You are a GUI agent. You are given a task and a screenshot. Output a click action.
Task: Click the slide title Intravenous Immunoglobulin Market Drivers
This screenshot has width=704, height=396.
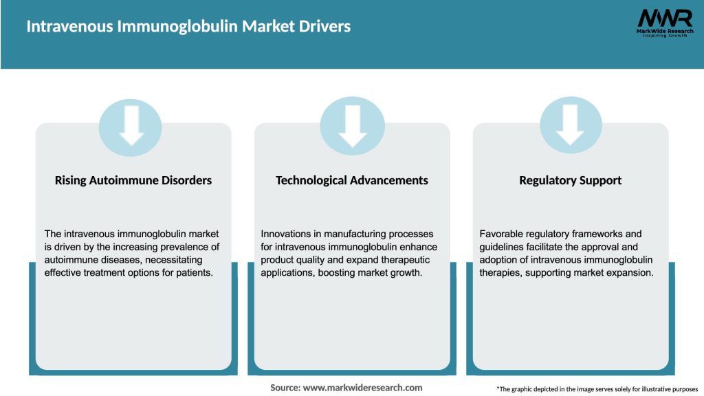pos(188,27)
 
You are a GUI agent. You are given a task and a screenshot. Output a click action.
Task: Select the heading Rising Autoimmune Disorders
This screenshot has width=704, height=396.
pos(133,180)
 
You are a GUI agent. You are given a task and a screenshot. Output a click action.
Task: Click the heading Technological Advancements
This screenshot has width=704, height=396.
pos(352,180)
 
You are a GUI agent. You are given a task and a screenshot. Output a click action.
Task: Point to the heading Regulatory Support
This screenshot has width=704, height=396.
pos(570,180)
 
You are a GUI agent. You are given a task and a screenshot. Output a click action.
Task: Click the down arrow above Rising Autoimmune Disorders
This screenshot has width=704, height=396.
pos(131,126)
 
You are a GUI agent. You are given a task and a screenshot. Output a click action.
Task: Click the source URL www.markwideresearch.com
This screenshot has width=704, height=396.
pos(362,388)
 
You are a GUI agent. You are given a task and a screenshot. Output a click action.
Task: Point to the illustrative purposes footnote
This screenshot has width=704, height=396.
pos(597,389)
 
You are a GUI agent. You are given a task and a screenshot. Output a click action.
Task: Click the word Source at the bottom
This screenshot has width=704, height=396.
pos(285,388)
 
